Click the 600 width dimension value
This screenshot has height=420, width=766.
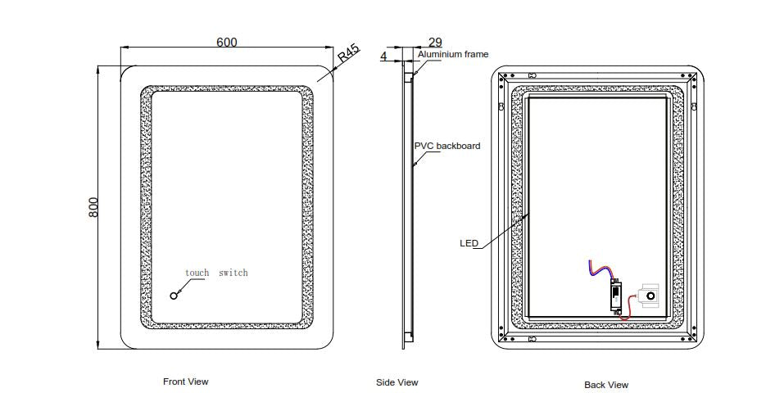[x=227, y=42]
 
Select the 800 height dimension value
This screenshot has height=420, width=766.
[x=93, y=207]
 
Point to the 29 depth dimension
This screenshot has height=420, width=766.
[x=435, y=42]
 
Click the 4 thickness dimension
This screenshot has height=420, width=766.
[x=383, y=56]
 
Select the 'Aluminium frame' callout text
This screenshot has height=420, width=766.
[x=453, y=55]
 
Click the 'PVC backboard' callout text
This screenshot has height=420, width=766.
[x=446, y=146]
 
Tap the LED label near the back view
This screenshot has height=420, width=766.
[x=469, y=243]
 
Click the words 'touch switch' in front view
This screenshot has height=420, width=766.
[x=215, y=273]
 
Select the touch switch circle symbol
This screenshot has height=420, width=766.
[x=174, y=296]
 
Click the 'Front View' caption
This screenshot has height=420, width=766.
[x=186, y=382]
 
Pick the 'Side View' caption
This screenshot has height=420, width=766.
[x=397, y=382]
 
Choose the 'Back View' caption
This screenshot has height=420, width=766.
[x=606, y=385]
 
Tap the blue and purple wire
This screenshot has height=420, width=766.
[x=599, y=270]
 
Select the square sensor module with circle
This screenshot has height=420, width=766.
[x=649, y=295]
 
